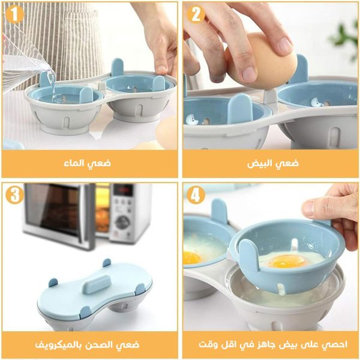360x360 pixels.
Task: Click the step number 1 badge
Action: pyautogui.click(x=13, y=15)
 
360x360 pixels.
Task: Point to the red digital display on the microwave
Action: pyautogui.click(x=122, y=190)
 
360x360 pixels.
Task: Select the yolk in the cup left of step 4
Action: pyautogui.click(x=191, y=257)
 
